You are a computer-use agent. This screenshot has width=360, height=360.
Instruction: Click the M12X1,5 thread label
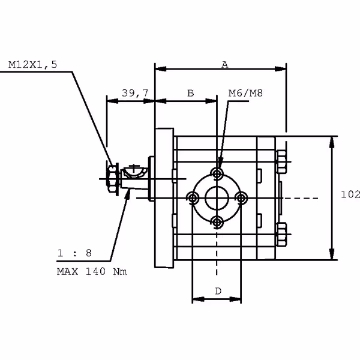(x=33, y=65)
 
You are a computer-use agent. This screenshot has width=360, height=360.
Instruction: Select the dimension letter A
(x=224, y=64)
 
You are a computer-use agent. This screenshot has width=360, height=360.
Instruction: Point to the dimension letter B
(x=190, y=93)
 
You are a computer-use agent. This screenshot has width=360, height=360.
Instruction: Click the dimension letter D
(x=218, y=291)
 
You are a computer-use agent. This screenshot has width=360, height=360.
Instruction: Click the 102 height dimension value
(x=350, y=194)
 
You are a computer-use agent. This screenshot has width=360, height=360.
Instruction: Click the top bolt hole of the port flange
(x=217, y=174)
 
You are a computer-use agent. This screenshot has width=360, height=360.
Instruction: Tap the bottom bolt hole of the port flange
(x=217, y=223)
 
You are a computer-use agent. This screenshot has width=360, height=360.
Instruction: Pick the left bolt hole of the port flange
(x=193, y=198)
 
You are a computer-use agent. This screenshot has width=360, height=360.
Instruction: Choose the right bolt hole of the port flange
(x=242, y=198)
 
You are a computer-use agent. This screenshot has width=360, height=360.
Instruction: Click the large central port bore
(x=217, y=198)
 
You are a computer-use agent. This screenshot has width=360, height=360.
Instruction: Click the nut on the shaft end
(x=110, y=178)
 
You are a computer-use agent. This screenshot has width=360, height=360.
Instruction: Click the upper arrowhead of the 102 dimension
(x=332, y=140)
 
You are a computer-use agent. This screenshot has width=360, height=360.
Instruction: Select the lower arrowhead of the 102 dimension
(x=332, y=255)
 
